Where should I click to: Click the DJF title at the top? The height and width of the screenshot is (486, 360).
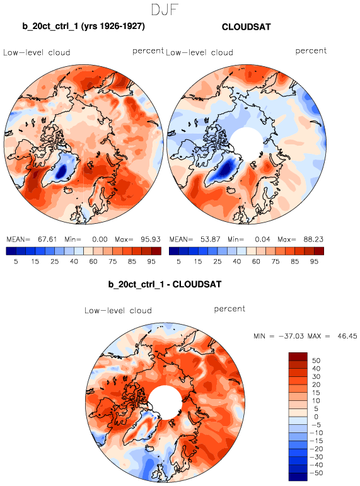(165, 9)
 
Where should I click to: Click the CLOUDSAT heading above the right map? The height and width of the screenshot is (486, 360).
(247, 27)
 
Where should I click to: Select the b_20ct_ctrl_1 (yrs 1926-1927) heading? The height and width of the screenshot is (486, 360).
(83, 26)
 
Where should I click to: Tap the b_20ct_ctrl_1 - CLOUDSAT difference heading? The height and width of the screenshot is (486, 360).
(165, 284)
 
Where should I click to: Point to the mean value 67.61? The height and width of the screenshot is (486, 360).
(47, 240)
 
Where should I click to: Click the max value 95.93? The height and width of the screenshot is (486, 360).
(151, 240)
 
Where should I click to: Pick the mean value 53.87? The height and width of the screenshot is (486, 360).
(210, 240)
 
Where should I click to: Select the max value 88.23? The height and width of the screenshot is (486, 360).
(313, 240)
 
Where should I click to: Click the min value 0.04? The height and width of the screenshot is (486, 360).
(262, 240)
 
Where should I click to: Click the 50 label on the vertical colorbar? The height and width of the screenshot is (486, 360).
(316, 361)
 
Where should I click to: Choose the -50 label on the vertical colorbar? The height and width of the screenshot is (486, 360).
(316, 473)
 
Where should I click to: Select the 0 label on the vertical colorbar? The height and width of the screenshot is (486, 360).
(316, 417)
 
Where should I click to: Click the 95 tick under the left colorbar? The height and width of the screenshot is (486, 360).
(151, 262)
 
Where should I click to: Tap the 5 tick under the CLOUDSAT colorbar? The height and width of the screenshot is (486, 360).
(178, 262)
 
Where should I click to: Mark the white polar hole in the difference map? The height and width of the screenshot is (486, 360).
(165, 402)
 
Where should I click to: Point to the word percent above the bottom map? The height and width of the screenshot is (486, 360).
(229, 309)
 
